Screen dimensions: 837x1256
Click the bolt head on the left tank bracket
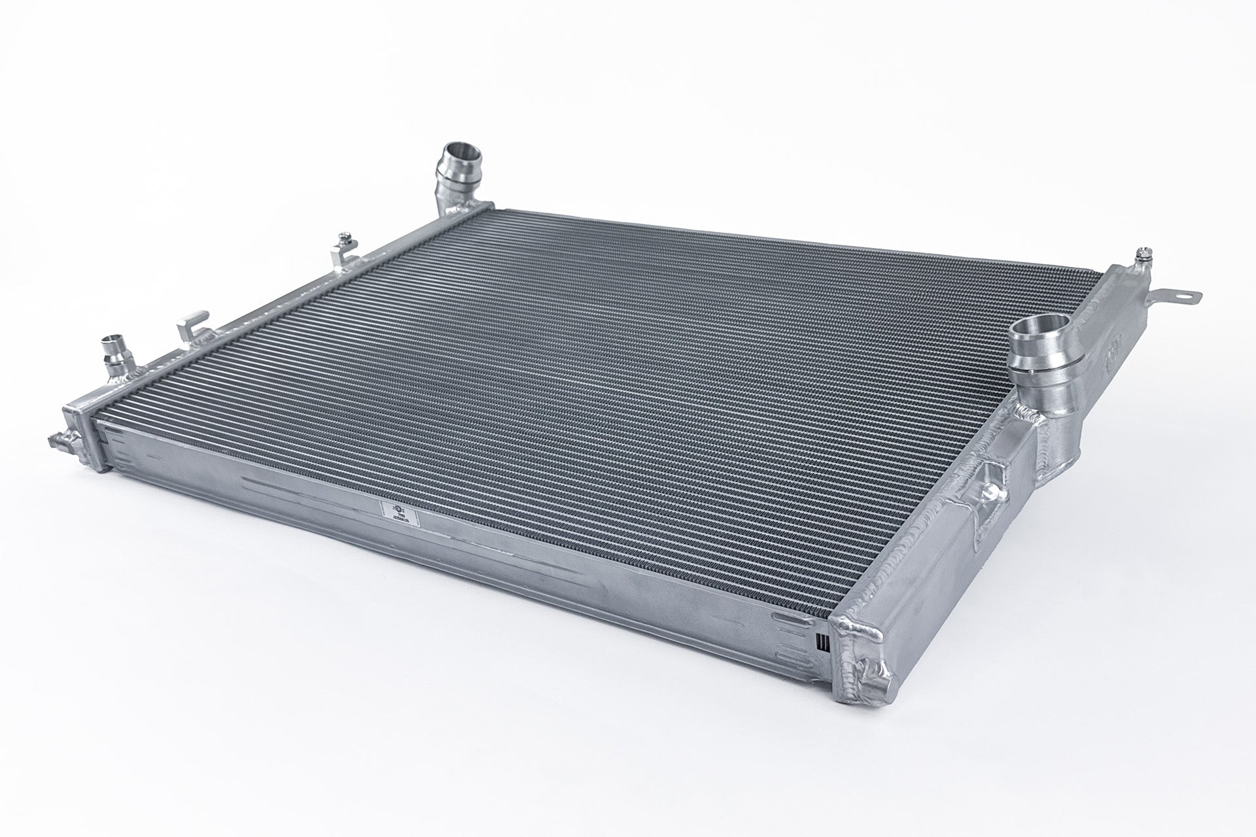click(x=343, y=237)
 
